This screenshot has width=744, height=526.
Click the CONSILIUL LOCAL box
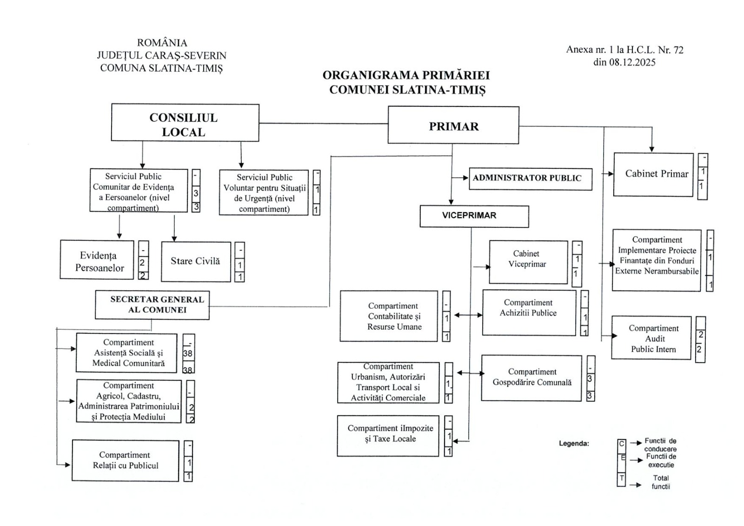(x=185, y=123)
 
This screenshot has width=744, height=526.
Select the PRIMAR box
(x=453, y=126)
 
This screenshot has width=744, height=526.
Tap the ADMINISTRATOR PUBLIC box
(x=530, y=179)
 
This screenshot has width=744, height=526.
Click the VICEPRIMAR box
(x=474, y=216)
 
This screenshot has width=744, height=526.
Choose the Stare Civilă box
(x=196, y=261)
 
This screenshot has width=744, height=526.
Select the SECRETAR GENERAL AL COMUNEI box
(x=152, y=305)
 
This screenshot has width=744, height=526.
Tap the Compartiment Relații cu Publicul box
(x=125, y=460)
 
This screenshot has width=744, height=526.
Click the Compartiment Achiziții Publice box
(x=529, y=312)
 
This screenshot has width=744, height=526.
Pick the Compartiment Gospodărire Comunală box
(x=531, y=378)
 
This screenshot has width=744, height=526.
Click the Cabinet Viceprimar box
(x=528, y=262)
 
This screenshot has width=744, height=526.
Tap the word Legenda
(x=573, y=444)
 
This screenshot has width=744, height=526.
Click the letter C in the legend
(x=621, y=444)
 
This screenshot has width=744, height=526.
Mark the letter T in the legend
(x=621, y=479)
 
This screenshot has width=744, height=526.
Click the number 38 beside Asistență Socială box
(x=188, y=353)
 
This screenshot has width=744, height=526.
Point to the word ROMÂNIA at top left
(x=162, y=43)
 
